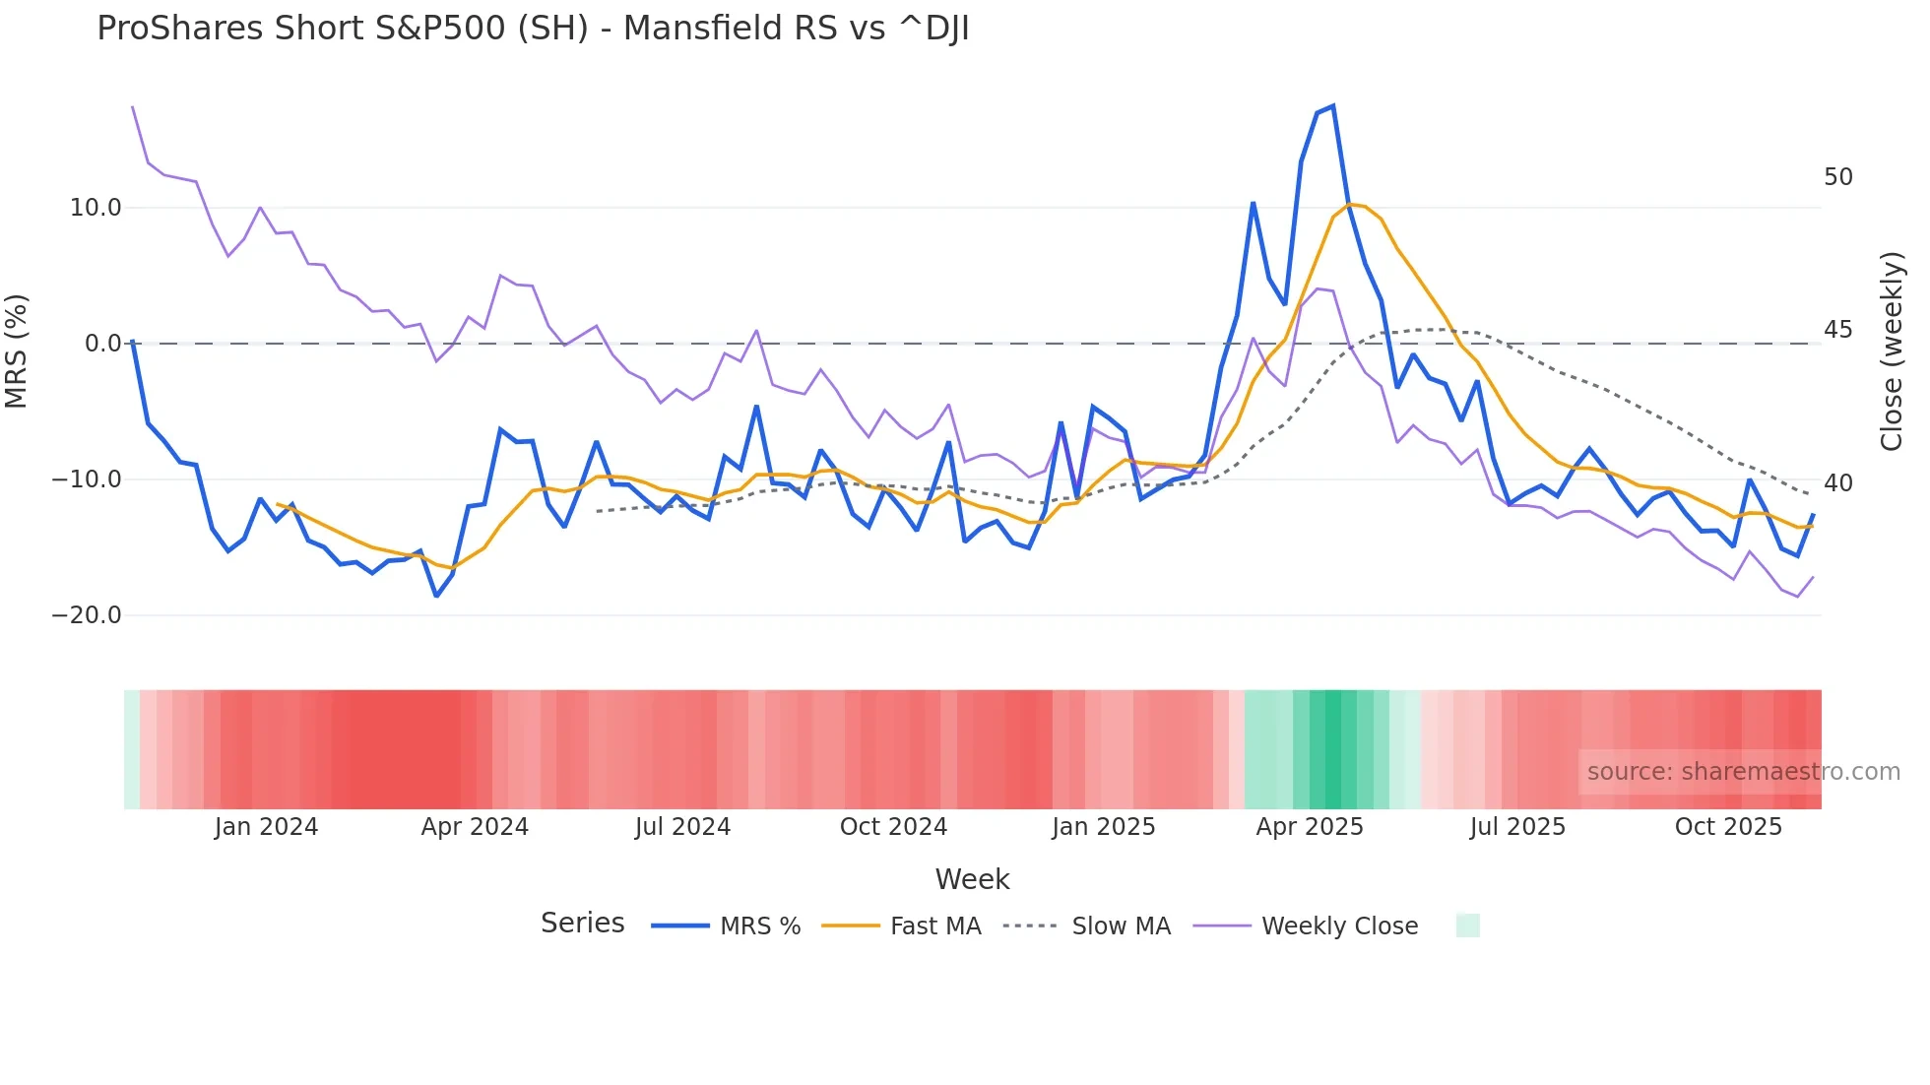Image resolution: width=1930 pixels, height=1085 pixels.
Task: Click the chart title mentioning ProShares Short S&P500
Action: coord(533,29)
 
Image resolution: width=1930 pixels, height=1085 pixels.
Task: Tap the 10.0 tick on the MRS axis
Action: coord(96,208)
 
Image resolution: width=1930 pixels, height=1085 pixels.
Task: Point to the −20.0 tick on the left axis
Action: coord(87,615)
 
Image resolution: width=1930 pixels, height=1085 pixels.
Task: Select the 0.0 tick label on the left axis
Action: coord(102,344)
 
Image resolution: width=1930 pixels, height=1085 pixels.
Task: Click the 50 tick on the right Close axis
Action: coord(1837,177)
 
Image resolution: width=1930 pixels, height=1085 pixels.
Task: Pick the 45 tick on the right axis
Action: coord(1837,330)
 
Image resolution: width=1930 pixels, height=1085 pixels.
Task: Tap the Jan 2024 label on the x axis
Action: coord(266,827)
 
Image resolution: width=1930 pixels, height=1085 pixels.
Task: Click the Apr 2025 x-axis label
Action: coord(1309,827)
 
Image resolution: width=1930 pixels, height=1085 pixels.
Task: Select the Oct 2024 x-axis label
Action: coord(893,827)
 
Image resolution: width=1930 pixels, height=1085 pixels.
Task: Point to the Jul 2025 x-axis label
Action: coord(1517,827)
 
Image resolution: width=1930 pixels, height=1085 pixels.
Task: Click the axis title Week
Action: coord(972,879)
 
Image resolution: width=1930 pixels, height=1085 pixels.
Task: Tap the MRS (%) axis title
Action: coord(16,351)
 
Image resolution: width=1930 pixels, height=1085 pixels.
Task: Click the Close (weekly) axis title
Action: coord(1892,351)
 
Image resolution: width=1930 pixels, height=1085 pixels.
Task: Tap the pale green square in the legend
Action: coord(1467,925)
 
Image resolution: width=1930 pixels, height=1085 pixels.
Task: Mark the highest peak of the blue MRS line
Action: coord(1332,105)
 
